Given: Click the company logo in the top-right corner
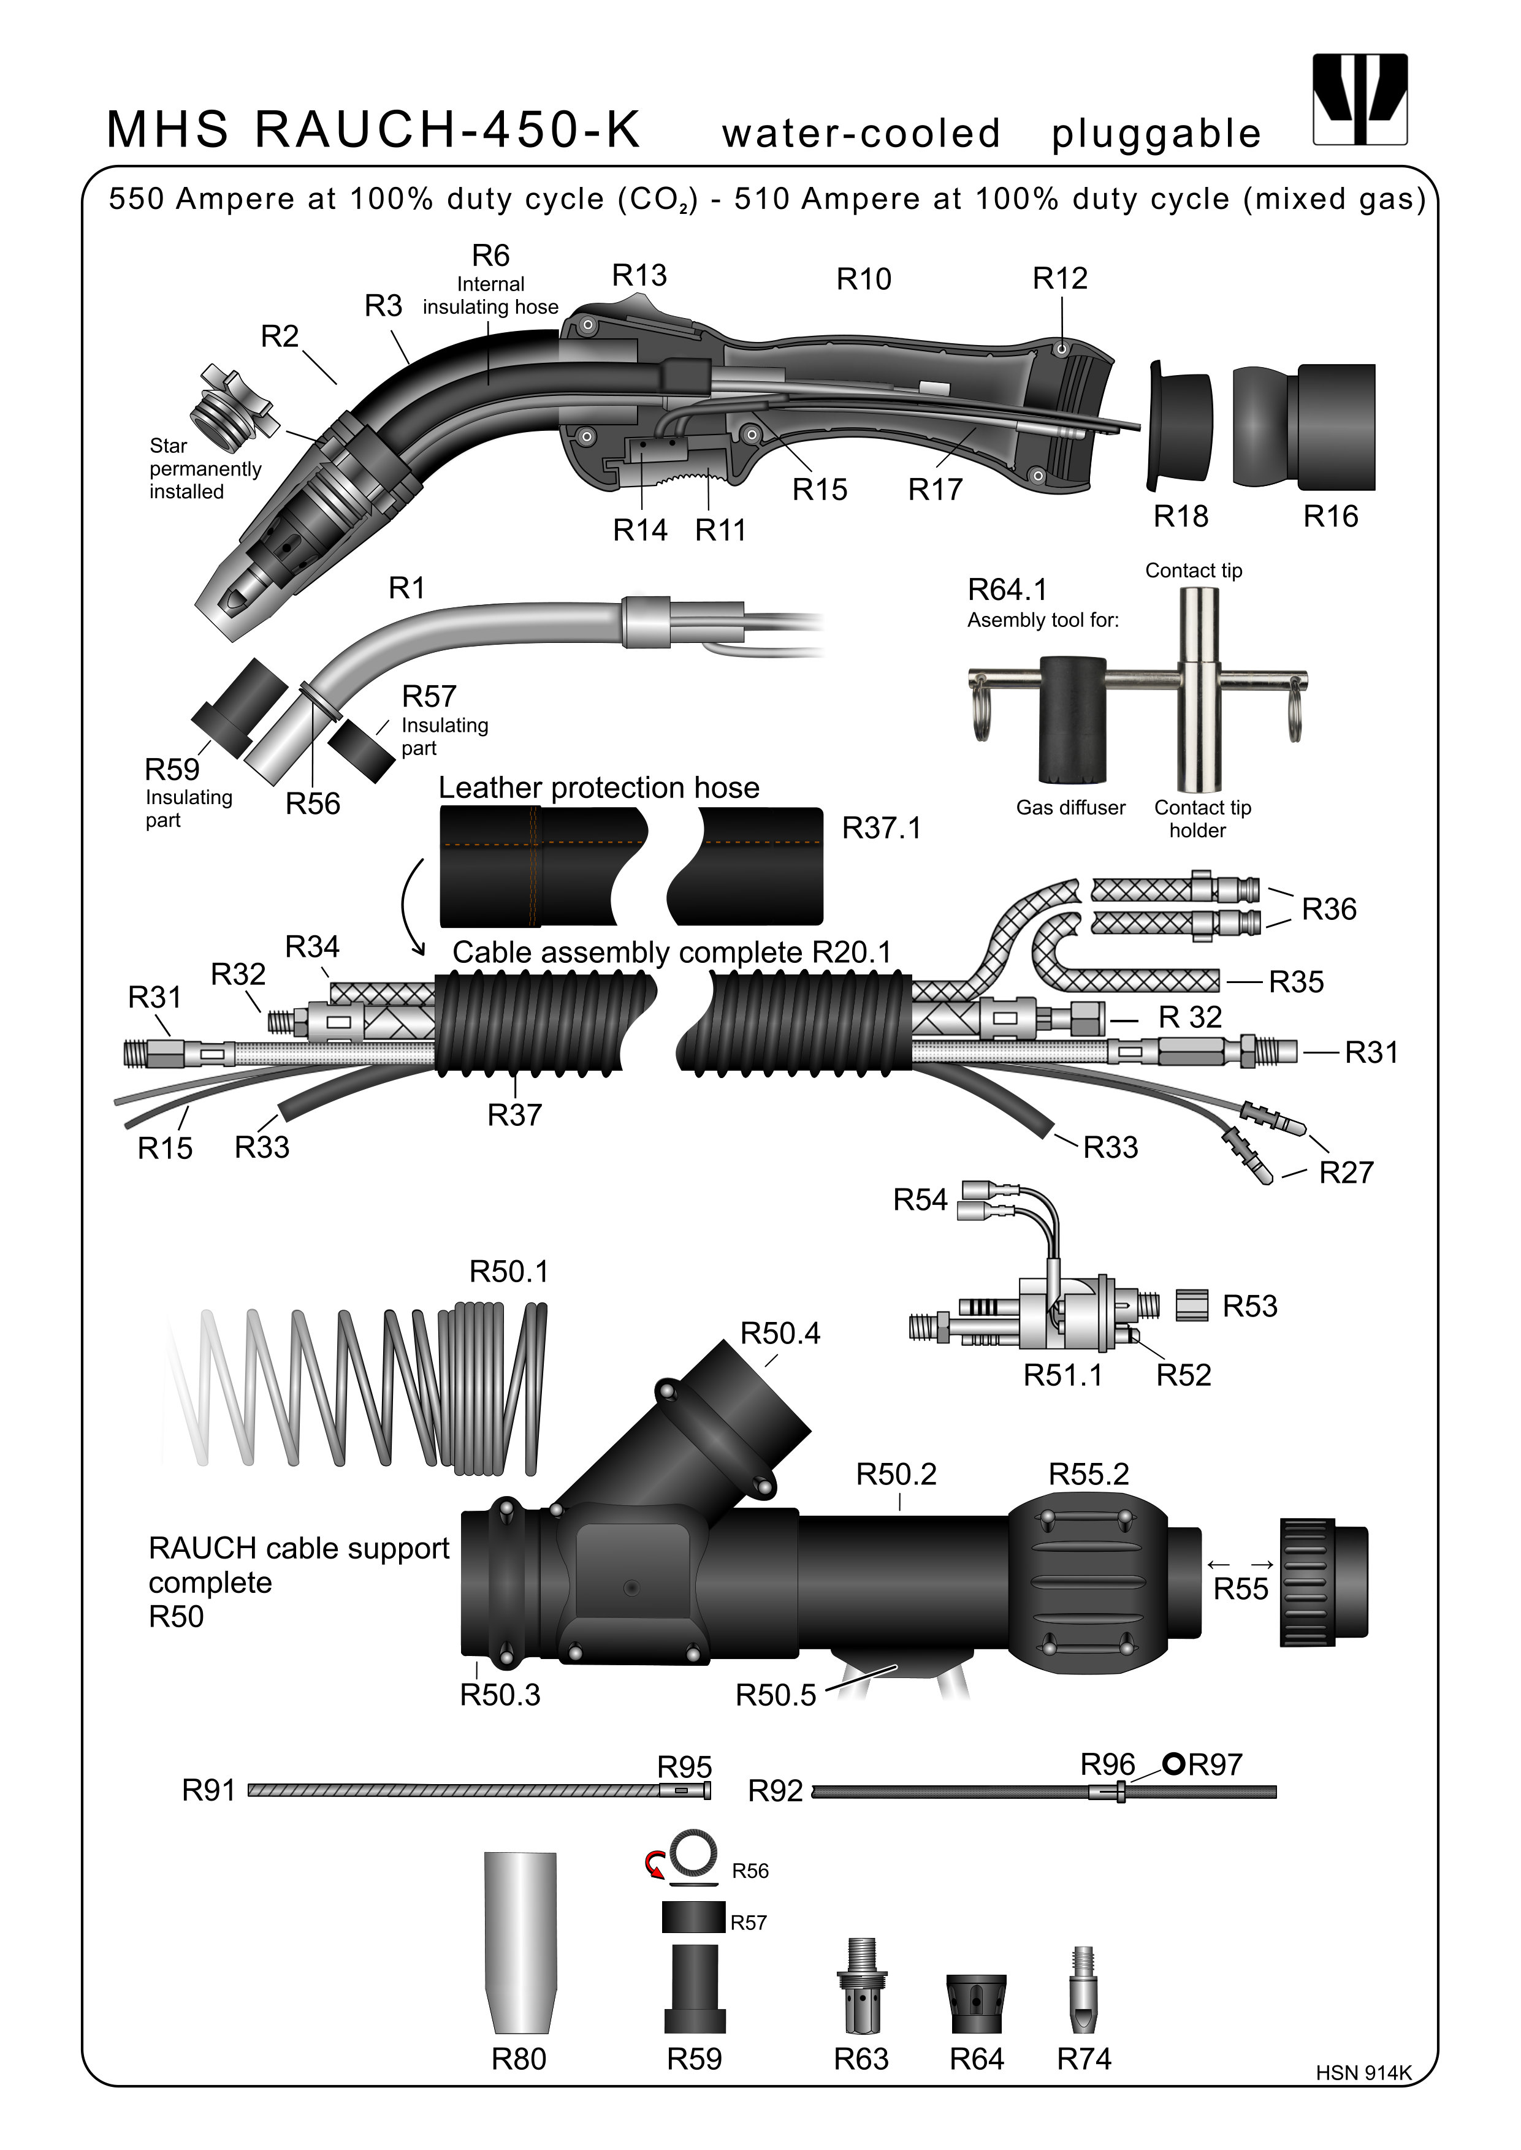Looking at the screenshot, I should click(x=1360, y=99).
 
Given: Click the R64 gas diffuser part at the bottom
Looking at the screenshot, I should click(x=977, y=2004).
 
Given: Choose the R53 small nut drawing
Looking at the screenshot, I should click(x=1191, y=1304).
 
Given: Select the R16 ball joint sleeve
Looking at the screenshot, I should click(x=1304, y=426).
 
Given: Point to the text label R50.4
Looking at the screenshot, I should click(x=780, y=1332).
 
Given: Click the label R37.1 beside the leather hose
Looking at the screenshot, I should click(x=882, y=828).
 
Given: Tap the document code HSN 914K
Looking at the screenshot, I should click(x=1363, y=2099).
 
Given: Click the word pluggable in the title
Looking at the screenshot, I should click(x=1156, y=134).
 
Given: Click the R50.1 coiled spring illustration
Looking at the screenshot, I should click(x=365, y=1386).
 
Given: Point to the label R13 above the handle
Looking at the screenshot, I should click(x=639, y=275).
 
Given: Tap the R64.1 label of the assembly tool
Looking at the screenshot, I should click(x=1007, y=590).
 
